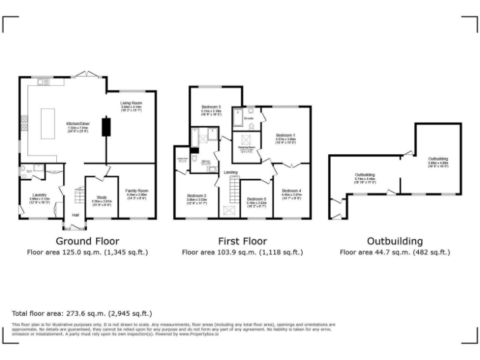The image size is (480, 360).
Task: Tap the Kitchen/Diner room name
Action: point(79,124)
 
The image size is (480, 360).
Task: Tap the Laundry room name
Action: point(39,195)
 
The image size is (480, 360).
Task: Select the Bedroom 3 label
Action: point(211,107)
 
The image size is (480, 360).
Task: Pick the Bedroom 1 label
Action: point(286,135)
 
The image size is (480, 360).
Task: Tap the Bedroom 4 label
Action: point(291,190)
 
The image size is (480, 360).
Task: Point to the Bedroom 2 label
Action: point(196,196)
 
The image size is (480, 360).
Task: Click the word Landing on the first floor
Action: point(230,172)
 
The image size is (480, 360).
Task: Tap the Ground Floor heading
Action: point(87,241)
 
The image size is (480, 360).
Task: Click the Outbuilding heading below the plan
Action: point(394,241)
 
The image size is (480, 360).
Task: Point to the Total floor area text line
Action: point(82,312)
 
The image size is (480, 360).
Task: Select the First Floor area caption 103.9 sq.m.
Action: point(242,252)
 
